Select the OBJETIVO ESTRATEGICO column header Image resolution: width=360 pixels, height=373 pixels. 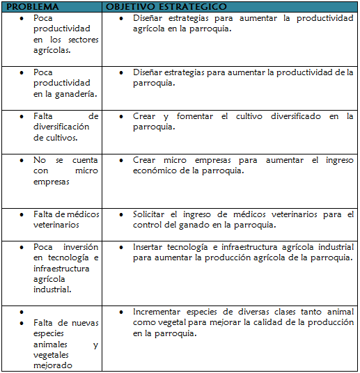(166, 6)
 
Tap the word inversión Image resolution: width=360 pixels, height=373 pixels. (80, 246)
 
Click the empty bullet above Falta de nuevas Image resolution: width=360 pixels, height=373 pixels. (22, 312)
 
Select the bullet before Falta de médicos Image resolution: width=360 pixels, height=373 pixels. (22, 214)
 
